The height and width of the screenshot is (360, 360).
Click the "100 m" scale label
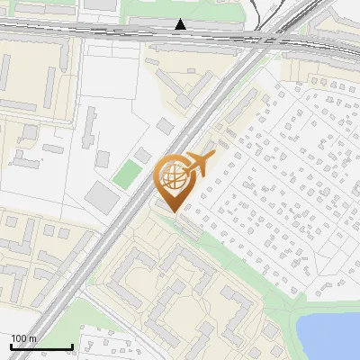click(x=24, y=338)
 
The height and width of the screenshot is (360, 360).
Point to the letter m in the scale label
click(x=32, y=338)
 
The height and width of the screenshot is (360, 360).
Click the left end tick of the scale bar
click(x=10, y=346)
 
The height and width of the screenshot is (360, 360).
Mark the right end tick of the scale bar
click(x=72, y=346)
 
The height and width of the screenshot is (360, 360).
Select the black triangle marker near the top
click(x=182, y=24)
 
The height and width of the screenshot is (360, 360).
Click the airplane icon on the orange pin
click(x=199, y=165)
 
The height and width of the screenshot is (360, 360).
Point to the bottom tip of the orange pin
click(x=174, y=211)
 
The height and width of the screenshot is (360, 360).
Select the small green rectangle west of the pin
click(x=128, y=174)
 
